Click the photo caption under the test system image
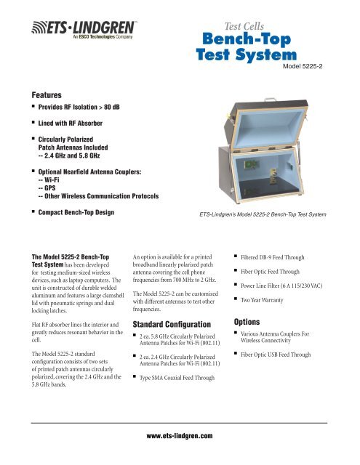point(263,215)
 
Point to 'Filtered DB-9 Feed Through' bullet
point(278,256)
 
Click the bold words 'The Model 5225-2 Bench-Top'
point(76,256)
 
